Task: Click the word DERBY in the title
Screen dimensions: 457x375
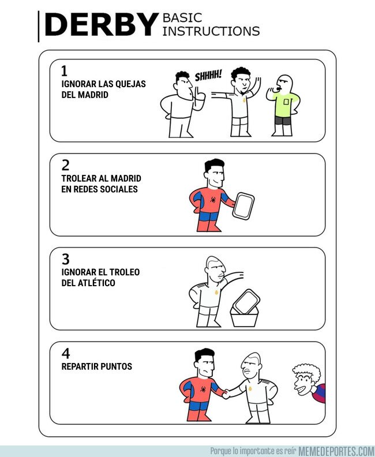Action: (x=100, y=25)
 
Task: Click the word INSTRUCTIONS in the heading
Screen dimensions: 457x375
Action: (x=211, y=31)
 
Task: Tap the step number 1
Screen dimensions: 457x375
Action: (x=65, y=71)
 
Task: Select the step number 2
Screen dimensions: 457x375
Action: (x=65, y=165)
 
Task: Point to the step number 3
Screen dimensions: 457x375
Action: (x=65, y=259)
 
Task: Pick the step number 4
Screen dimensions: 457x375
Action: (x=65, y=353)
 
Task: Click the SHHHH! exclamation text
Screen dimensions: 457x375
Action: (x=208, y=76)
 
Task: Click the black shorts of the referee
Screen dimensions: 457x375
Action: (x=283, y=121)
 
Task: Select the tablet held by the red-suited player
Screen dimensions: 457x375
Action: (x=243, y=205)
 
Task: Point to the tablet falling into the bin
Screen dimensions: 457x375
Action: (x=247, y=300)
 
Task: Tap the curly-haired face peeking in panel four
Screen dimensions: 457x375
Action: (x=304, y=381)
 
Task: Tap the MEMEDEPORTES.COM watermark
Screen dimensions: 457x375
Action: (x=336, y=451)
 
